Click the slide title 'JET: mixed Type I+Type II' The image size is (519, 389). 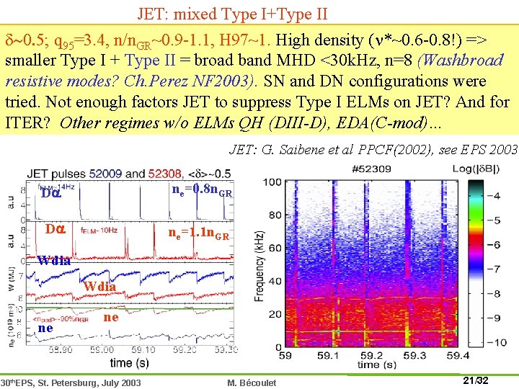coord(232,13)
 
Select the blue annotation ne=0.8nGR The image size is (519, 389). coord(202,192)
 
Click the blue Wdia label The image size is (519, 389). coord(54,260)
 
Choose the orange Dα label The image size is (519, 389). coord(56,230)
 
